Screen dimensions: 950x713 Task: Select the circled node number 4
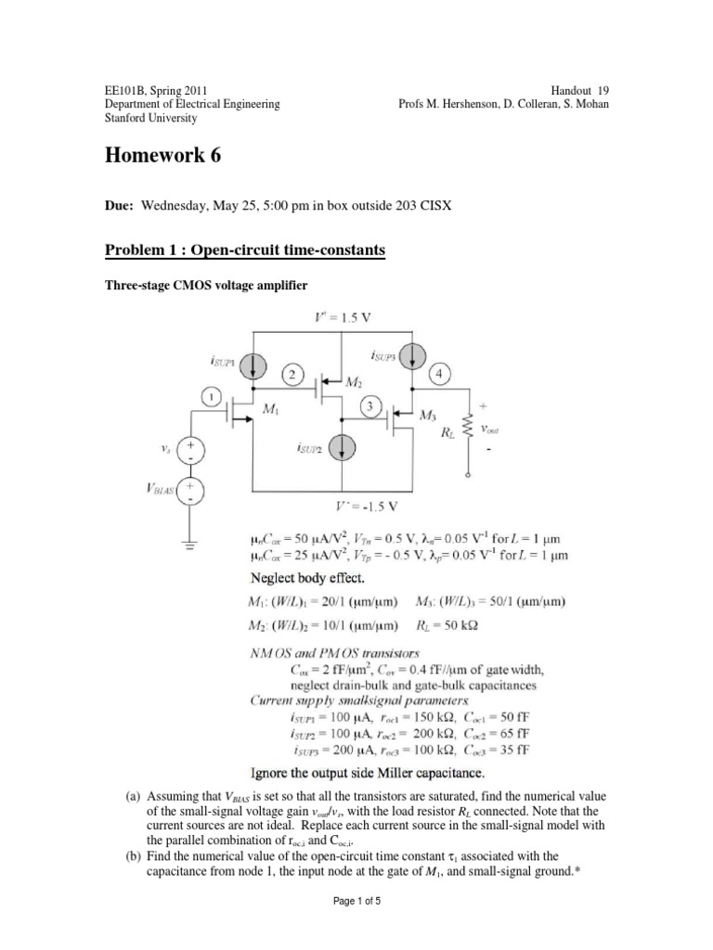click(439, 373)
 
